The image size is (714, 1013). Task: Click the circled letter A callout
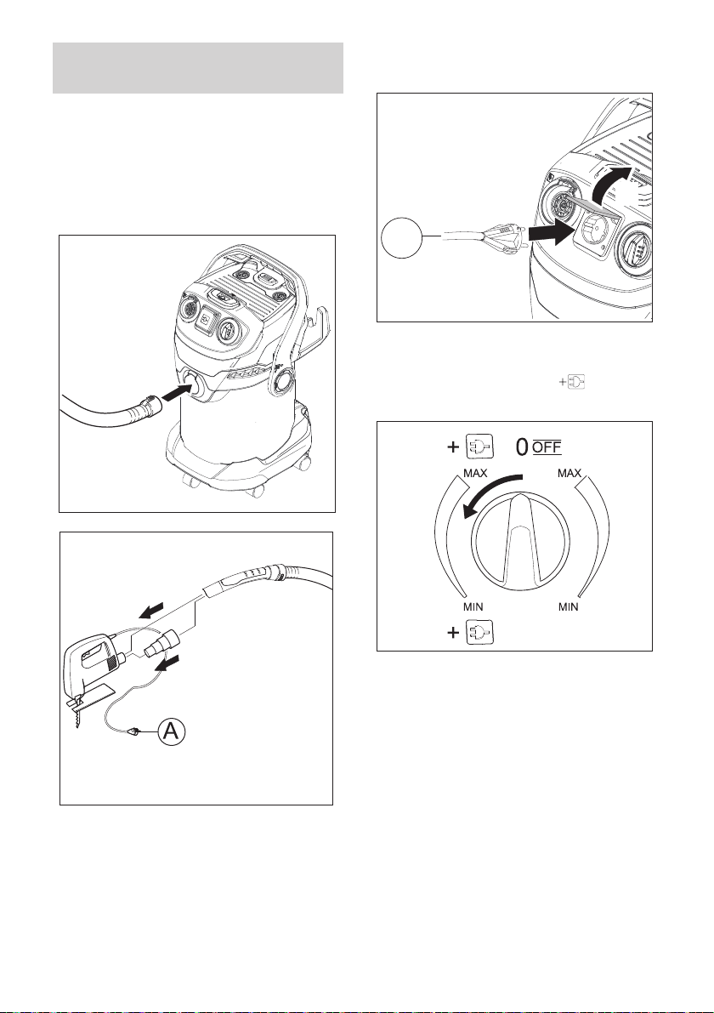click(x=171, y=731)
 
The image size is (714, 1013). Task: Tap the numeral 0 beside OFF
click(x=522, y=447)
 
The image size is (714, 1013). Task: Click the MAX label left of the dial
click(x=475, y=474)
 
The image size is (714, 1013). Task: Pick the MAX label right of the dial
click(x=569, y=474)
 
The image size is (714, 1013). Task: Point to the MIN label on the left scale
click(x=473, y=607)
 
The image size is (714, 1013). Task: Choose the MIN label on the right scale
click(x=568, y=607)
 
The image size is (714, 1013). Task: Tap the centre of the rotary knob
click(x=520, y=544)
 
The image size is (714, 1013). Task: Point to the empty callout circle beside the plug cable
click(x=401, y=238)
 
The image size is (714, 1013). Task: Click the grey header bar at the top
click(x=197, y=68)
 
